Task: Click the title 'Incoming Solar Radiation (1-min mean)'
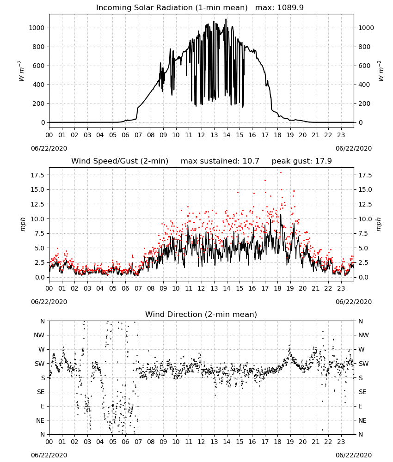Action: coord(172,8)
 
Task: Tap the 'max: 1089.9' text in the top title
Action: coord(279,8)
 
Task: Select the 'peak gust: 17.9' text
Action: coord(301,161)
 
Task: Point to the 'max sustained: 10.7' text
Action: coord(220,161)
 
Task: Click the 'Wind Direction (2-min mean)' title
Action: coord(201,314)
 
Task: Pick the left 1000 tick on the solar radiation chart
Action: coord(37,28)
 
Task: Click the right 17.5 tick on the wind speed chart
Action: coord(365,175)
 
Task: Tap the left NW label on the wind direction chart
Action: coord(39,335)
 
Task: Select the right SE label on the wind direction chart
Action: coord(362,392)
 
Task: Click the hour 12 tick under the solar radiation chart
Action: coord(201,135)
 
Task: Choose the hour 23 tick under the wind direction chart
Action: coord(341,442)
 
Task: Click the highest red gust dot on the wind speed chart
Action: coord(281,173)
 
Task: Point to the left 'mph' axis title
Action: coord(23,224)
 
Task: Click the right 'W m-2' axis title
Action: coord(381,71)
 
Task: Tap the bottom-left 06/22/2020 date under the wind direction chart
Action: coord(49,455)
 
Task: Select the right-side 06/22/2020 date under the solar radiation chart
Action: coord(354,148)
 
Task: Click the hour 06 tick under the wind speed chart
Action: coord(125,288)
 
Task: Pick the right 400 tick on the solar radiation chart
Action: coord(364,85)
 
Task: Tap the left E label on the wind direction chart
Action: coord(43,406)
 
